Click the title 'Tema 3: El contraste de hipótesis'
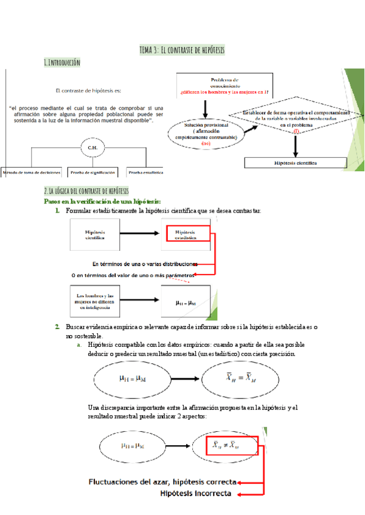[182, 49]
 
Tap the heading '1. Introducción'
[62, 63]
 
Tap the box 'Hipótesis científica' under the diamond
[295, 163]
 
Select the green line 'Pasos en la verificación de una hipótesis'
[103, 201]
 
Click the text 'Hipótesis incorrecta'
[195, 494]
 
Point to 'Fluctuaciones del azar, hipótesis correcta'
[161, 482]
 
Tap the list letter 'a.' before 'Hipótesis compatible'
[79, 344]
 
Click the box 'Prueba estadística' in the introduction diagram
[146, 172]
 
